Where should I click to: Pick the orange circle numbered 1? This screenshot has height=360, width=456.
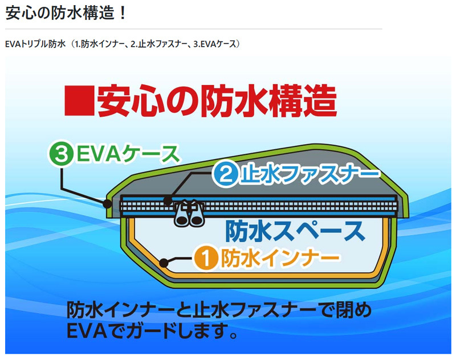(207, 259)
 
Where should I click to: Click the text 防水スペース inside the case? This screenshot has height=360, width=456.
(294, 230)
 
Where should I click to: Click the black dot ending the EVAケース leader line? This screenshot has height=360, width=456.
(107, 203)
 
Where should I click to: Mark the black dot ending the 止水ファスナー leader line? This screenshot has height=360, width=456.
(168, 201)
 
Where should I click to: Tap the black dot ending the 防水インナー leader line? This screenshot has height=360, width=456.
(165, 263)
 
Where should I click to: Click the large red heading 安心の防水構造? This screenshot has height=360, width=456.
(217, 102)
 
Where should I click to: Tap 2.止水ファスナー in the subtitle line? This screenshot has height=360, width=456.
(160, 44)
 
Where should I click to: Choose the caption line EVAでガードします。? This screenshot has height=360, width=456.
(152, 331)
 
